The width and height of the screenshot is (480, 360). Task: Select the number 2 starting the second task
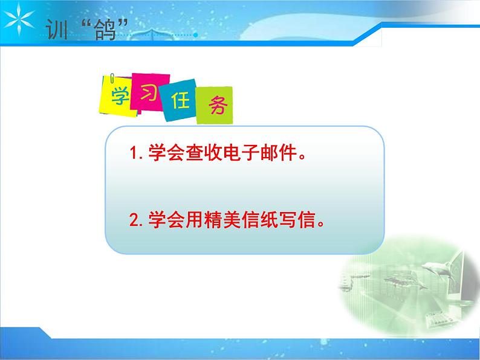[135, 220]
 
